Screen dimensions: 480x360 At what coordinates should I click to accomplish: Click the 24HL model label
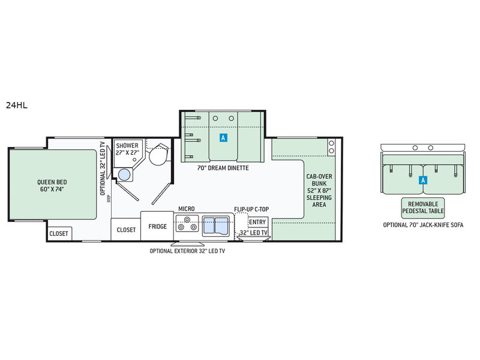click(x=17, y=106)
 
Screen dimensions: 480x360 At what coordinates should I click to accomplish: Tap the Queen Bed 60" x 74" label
click(x=52, y=185)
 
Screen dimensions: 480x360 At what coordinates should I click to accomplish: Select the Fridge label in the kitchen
click(x=158, y=227)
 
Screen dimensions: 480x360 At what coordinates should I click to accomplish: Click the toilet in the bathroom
click(x=159, y=155)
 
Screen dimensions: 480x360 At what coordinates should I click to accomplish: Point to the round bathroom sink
click(x=124, y=175)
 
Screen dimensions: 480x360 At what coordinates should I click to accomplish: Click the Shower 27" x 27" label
click(x=127, y=149)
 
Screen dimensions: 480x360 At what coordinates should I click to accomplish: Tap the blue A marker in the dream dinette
click(x=223, y=138)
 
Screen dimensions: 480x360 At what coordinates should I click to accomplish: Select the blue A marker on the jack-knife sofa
click(x=423, y=181)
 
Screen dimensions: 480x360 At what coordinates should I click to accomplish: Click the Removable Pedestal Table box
click(x=423, y=208)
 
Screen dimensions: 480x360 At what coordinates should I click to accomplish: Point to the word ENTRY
click(x=257, y=222)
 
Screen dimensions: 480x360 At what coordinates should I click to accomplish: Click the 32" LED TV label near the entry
click(x=253, y=233)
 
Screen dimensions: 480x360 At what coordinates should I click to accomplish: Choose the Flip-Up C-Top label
click(x=251, y=209)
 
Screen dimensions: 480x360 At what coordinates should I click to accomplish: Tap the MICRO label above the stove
click(x=187, y=209)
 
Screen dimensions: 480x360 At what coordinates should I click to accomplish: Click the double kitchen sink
click(x=216, y=226)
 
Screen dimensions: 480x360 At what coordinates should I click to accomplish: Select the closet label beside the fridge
click(x=126, y=230)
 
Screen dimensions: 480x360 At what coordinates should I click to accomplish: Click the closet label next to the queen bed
click(x=59, y=233)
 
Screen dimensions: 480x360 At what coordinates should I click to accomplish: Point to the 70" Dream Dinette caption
click(x=223, y=168)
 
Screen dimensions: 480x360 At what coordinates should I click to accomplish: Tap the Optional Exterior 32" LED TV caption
click(x=187, y=251)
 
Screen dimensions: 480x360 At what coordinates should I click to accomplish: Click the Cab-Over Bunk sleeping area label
click(x=319, y=190)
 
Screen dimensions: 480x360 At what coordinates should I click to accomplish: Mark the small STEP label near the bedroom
click(x=109, y=199)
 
